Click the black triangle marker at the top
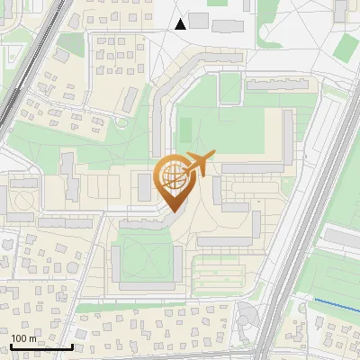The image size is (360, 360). [181, 23]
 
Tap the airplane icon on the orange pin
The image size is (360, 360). [199, 165]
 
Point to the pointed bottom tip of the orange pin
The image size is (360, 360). [172, 211]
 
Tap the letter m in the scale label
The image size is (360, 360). [32, 338]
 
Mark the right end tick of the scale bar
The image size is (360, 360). [72, 346]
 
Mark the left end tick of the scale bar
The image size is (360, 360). [11, 346]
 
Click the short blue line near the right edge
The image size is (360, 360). [335, 304]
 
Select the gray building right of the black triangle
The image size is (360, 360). [199, 20]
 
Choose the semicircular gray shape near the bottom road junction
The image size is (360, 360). [246, 315]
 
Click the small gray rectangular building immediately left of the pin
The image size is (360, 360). [144, 187]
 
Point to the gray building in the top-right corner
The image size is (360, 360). [341, 11]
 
